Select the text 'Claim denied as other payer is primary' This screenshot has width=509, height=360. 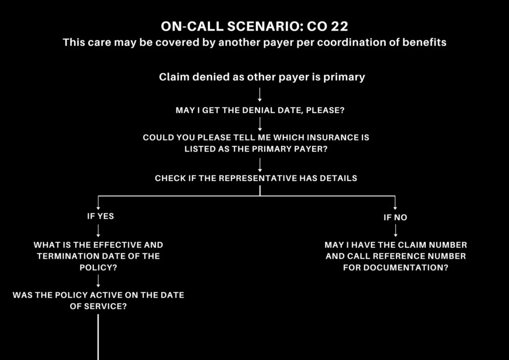[x=262, y=77]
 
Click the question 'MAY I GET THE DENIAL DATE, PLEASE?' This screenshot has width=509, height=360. [x=260, y=110]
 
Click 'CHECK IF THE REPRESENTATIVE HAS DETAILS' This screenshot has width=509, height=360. [x=256, y=178]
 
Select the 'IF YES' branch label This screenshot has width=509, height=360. [x=100, y=216]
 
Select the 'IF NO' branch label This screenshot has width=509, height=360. [x=395, y=217]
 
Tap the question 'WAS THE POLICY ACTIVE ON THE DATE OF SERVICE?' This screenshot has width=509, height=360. [x=98, y=301]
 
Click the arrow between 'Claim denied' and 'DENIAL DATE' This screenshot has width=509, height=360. [x=260, y=94]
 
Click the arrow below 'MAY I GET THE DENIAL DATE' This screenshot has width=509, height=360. [x=260, y=124]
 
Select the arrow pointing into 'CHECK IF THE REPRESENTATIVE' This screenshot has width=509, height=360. [x=260, y=164]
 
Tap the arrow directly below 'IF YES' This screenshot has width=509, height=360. [x=98, y=230]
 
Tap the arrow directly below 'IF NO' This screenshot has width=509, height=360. [x=395, y=230]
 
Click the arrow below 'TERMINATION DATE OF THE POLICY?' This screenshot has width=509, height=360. [x=98, y=280]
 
